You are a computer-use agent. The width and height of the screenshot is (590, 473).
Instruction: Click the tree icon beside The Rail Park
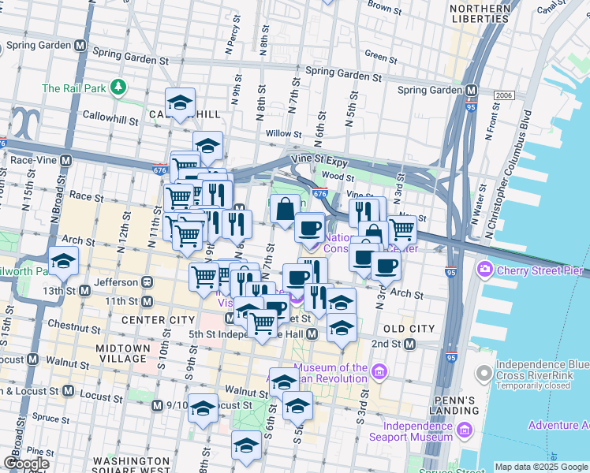tap(118, 87)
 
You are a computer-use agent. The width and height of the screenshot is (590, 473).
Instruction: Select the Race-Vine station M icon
tap(66, 159)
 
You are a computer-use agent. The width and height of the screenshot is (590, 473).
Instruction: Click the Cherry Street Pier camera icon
tap(484, 270)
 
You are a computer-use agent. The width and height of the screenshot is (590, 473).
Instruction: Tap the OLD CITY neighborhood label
tap(409, 328)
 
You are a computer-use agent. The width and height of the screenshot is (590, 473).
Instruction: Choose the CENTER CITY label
tap(158, 320)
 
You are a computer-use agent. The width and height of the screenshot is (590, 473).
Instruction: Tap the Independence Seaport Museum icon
tap(463, 430)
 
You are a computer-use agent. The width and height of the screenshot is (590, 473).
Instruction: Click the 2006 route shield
tap(505, 95)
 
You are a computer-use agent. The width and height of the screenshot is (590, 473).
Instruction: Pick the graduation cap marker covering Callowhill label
tap(180, 102)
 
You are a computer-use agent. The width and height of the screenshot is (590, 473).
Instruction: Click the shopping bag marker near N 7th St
tap(285, 210)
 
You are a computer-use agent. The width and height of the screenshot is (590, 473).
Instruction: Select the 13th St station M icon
tap(84, 291)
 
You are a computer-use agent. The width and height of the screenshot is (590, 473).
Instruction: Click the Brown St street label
tap(385, 7)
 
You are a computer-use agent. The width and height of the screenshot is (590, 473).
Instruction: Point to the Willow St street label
tap(280, 133)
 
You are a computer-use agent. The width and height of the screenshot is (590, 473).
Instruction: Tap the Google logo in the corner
tap(27, 464)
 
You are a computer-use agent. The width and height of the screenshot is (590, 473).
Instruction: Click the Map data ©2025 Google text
tap(542, 467)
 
